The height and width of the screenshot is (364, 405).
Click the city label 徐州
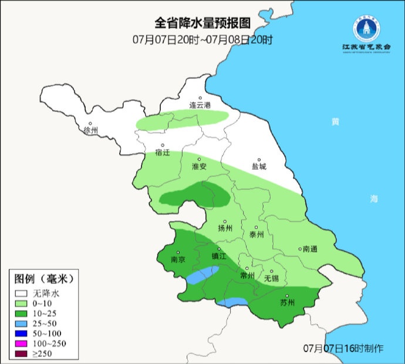click(92, 130)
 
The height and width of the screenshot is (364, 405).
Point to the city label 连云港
click(200, 105)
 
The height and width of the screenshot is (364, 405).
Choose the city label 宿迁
click(162, 153)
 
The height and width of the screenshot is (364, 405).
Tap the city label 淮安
click(199, 166)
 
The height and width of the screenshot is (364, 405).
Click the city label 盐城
click(258, 166)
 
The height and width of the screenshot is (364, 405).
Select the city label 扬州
click(225, 228)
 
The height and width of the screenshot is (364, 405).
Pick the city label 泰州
click(257, 233)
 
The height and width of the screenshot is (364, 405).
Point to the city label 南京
click(178, 259)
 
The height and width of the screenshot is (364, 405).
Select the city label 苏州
click(287, 303)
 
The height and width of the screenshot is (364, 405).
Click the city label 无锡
click(271, 278)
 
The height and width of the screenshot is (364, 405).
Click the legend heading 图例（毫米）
click(44, 278)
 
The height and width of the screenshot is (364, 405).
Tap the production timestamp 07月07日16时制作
click(343, 348)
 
